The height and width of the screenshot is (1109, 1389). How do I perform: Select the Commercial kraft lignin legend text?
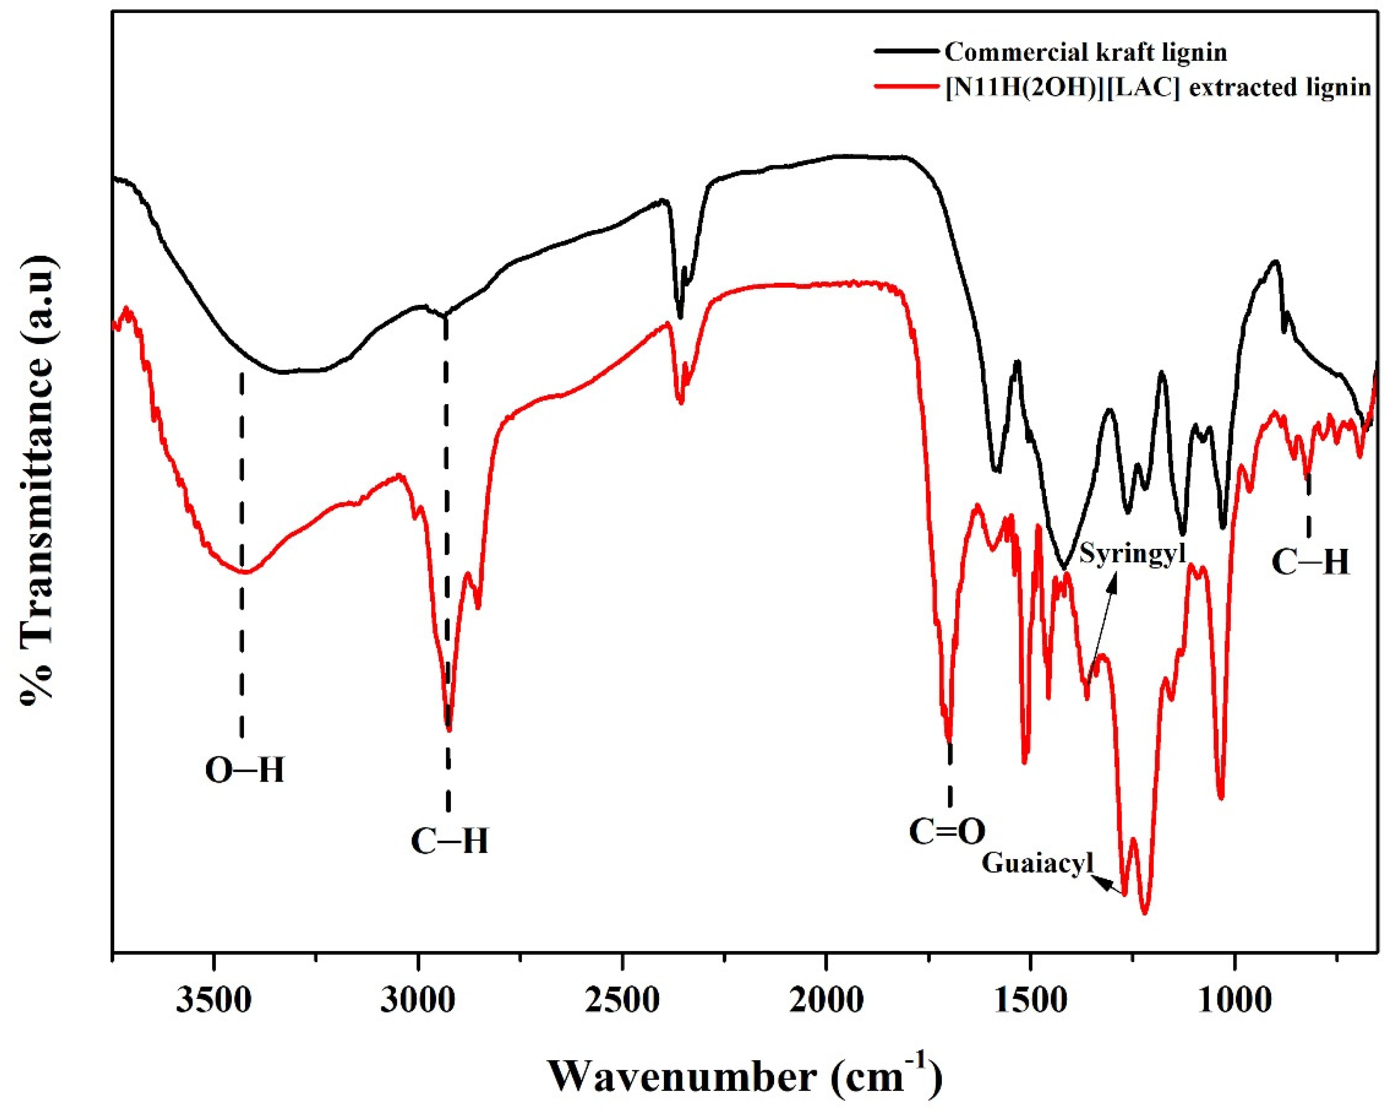click(1086, 52)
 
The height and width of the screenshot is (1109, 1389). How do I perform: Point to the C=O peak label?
click(948, 832)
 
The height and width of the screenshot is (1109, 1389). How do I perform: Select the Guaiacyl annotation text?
click(1038, 864)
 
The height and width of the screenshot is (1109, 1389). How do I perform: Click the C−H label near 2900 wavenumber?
click(449, 842)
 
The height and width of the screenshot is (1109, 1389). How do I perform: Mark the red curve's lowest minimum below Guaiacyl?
click(1144, 912)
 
